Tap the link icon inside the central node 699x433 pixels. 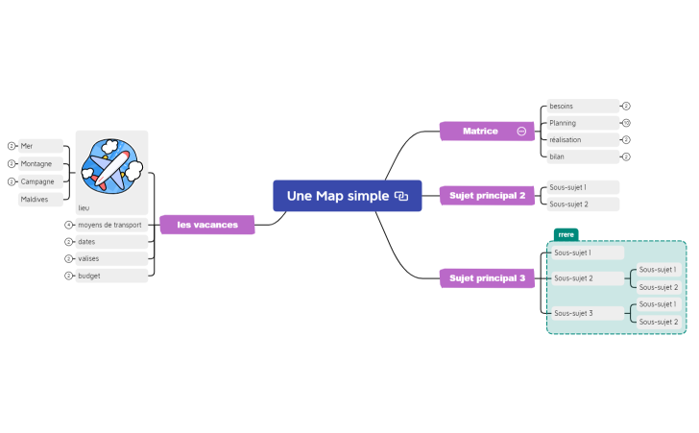click(401, 196)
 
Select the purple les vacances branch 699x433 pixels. click(206, 225)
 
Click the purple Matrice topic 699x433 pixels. click(480, 131)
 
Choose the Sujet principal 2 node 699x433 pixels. click(487, 196)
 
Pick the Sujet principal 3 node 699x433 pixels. click(487, 278)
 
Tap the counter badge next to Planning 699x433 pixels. click(626, 123)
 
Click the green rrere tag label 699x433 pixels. click(566, 233)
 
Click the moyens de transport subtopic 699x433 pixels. click(110, 225)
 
